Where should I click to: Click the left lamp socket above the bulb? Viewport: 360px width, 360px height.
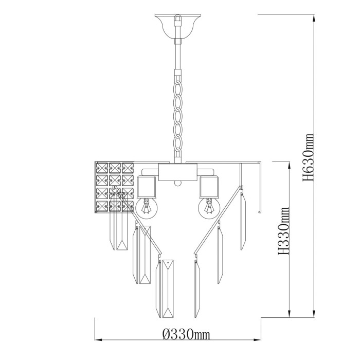(x=146, y=185)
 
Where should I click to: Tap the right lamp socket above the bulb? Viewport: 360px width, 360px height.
(x=209, y=185)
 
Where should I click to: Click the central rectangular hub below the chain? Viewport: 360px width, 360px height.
(x=177, y=171)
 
